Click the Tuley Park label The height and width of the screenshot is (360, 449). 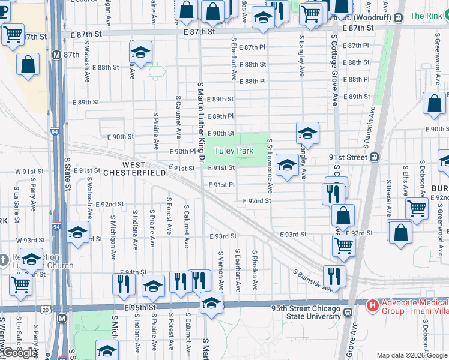pos(234,151)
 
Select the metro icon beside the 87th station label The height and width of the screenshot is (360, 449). pos(57,55)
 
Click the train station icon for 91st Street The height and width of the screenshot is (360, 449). pos(375,157)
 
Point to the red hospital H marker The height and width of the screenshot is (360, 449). pos(373,306)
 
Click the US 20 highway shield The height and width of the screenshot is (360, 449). pos(46,310)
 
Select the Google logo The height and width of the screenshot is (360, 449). pos(20,353)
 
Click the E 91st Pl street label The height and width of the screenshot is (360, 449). pos(221,185)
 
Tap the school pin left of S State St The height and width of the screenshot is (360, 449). pos(78,232)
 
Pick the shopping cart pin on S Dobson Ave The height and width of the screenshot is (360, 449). pos(417,208)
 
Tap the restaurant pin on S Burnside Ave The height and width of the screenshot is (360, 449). pos(334,275)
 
